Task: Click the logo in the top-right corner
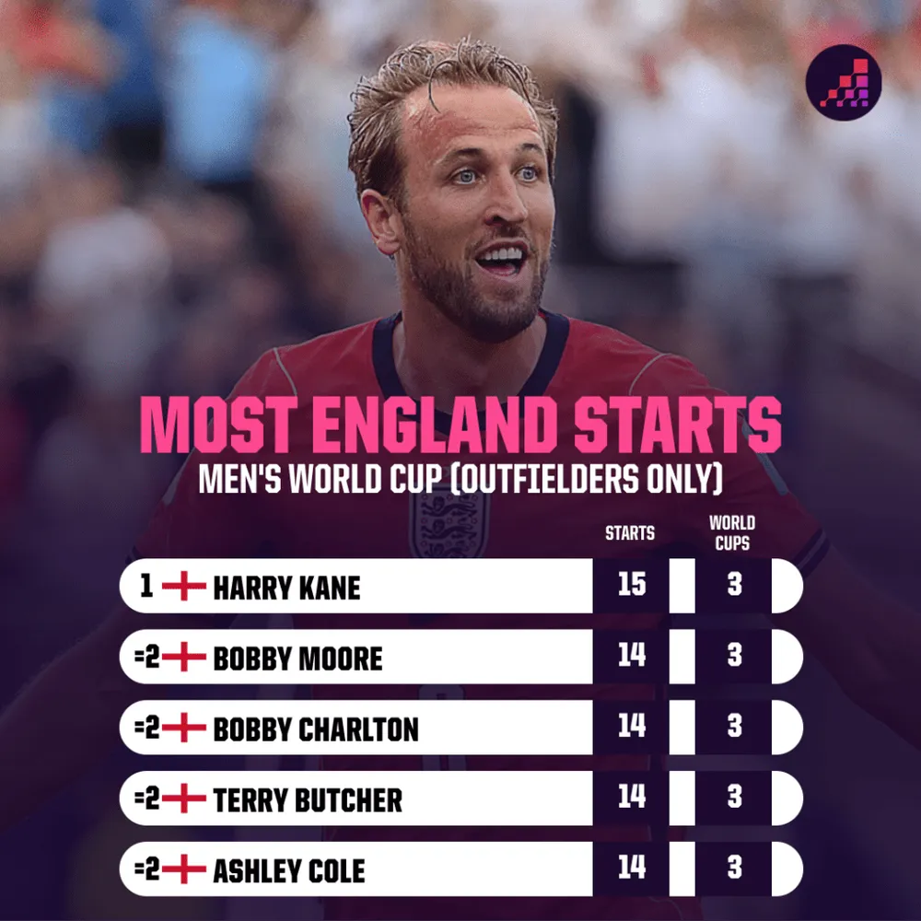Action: click(843, 82)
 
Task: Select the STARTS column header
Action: click(630, 533)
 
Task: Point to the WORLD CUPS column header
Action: click(732, 532)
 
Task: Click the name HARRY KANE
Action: click(286, 588)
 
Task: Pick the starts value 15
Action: click(632, 585)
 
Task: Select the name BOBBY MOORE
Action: click(297, 659)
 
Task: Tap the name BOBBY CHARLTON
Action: click(315, 729)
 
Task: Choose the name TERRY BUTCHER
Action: click(308, 800)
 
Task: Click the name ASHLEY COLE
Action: click(288, 870)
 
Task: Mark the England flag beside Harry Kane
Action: click(184, 586)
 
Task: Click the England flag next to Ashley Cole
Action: click(184, 869)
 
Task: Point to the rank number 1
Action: click(146, 586)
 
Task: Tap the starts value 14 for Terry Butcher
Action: click(632, 797)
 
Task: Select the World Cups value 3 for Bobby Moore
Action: click(734, 656)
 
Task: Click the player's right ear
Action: click(380, 221)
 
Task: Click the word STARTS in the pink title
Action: click(677, 425)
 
